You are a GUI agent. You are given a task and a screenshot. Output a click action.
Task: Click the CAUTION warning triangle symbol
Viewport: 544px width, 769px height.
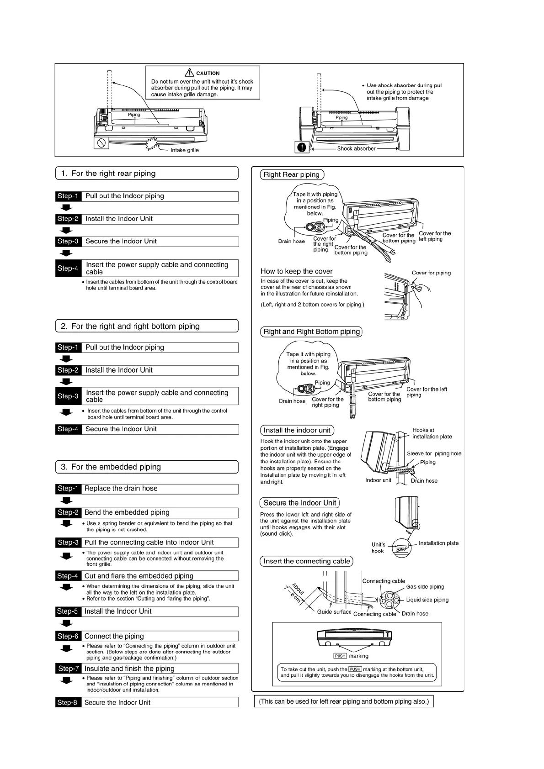(189, 73)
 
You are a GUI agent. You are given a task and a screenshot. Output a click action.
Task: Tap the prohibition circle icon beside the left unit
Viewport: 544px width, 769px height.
(101, 143)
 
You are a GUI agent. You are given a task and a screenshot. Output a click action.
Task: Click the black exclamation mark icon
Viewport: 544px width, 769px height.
(302, 147)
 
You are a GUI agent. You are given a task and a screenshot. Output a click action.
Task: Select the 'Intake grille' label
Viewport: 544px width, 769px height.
(184, 150)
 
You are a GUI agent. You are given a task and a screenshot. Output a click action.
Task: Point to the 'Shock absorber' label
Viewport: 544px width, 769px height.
(356, 148)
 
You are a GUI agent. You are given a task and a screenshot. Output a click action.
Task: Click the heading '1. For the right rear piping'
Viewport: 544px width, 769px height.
(113, 174)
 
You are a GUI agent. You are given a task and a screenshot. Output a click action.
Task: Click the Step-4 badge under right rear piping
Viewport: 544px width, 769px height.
(68, 268)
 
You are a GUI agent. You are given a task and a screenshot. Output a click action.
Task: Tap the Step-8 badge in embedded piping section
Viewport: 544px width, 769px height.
(68, 702)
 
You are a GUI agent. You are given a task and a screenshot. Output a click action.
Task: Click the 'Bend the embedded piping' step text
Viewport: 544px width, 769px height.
(127, 512)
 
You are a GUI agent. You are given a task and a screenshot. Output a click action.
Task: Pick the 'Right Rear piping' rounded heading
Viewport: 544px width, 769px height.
(292, 174)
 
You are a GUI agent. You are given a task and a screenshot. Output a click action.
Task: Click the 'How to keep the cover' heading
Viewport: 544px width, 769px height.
(296, 271)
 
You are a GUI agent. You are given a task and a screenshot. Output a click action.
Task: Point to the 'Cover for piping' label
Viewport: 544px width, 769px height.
(431, 273)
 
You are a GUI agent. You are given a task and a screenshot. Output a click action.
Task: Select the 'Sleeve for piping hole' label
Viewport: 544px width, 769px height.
(434, 453)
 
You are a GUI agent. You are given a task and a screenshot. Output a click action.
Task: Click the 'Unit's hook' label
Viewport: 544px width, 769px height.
(378, 548)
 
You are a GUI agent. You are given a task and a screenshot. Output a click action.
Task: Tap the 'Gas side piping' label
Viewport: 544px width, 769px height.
(425, 587)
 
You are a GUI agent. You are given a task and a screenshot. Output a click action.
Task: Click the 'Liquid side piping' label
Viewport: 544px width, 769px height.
(427, 600)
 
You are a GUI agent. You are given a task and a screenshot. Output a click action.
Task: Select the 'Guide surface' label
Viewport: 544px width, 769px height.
(334, 612)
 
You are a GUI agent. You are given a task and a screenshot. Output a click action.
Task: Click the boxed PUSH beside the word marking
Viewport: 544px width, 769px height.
(340, 656)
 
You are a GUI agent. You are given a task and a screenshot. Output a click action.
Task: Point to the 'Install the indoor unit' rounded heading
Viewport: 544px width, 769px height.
(297, 430)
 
